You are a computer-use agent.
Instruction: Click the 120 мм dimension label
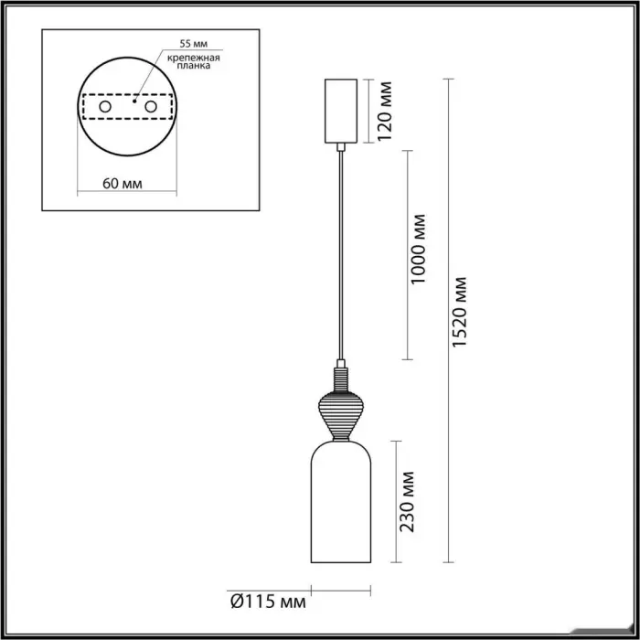(x=384, y=111)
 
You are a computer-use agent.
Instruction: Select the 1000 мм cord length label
(x=418, y=249)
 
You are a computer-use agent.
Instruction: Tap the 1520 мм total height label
(x=460, y=313)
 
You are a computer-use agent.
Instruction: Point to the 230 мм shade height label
(x=407, y=502)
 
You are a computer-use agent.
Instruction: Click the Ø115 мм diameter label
(x=268, y=602)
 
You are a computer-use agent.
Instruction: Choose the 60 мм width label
(x=123, y=184)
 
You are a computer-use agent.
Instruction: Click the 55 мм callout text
(x=194, y=44)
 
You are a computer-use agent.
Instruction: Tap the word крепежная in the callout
(x=194, y=58)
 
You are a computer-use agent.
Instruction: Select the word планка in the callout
(x=194, y=66)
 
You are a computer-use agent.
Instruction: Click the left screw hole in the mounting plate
(x=105, y=107)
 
